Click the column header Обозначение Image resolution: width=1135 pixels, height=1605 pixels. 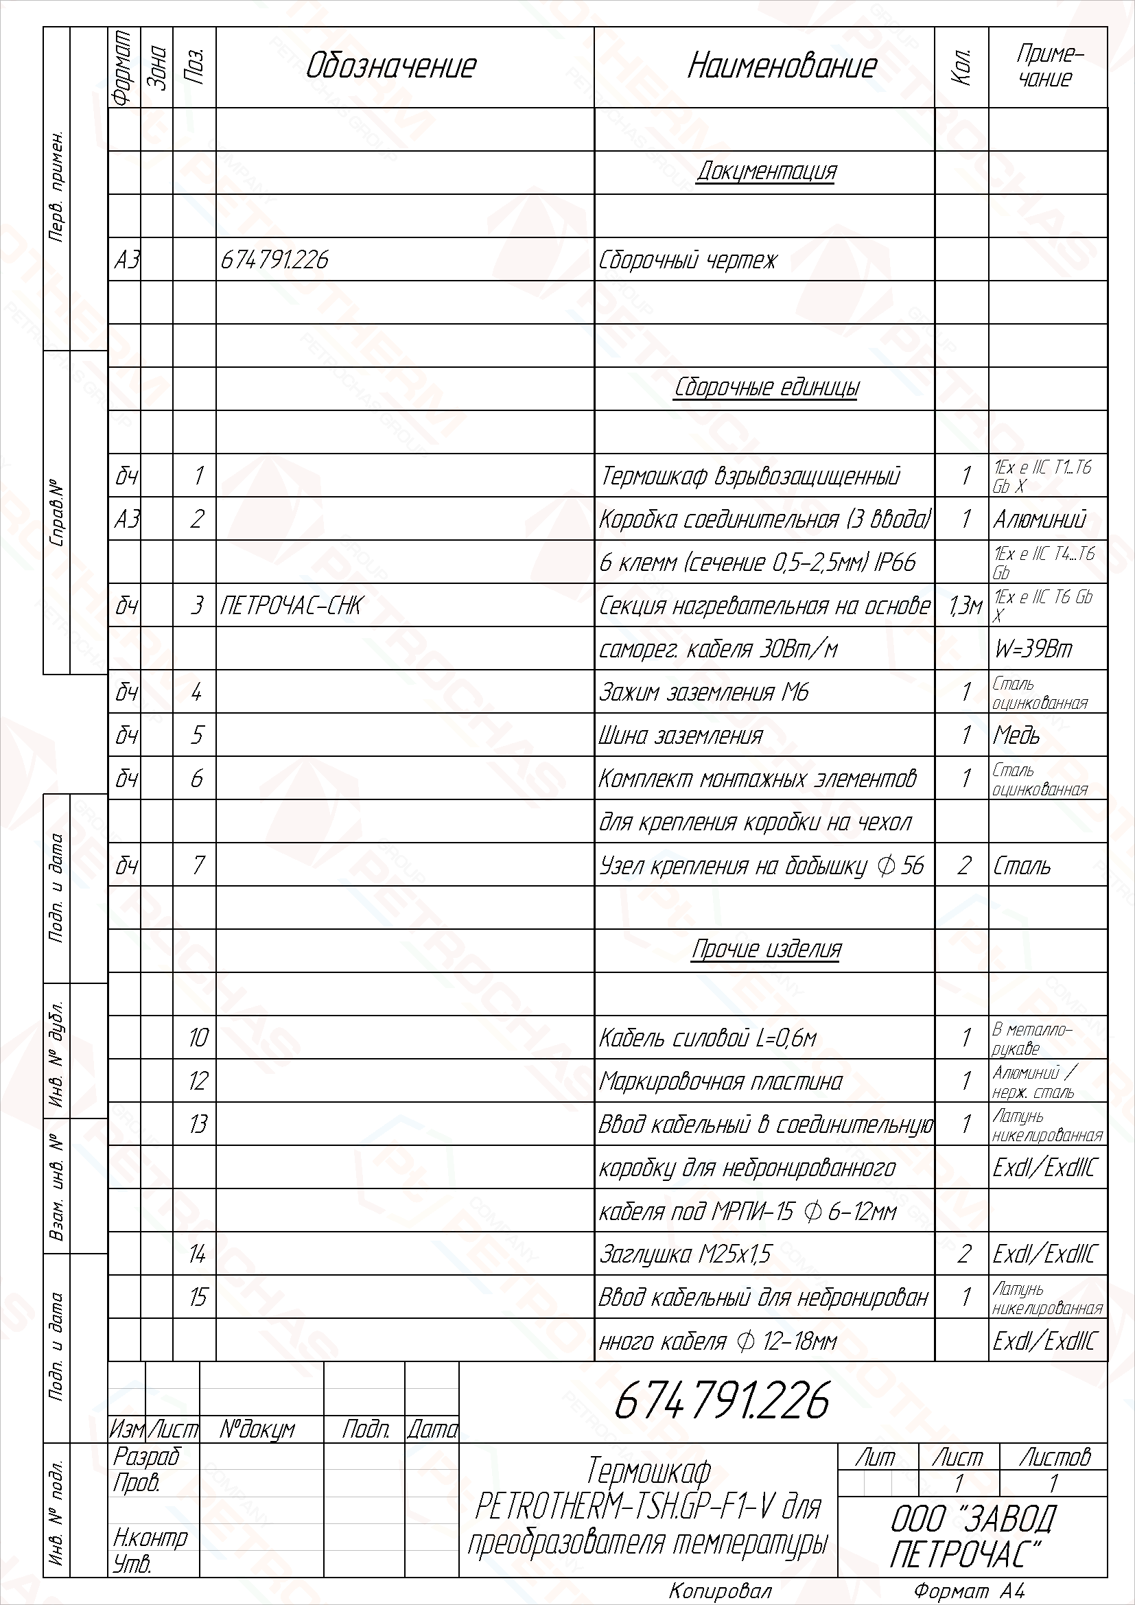click(390, 67)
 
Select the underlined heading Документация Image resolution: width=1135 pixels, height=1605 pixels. click(766, 172)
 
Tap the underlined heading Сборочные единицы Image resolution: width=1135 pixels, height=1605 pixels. click(766, 387)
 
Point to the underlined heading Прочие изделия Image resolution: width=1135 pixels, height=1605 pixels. click(766, 948)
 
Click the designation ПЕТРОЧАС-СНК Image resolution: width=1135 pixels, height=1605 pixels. click(291, 605)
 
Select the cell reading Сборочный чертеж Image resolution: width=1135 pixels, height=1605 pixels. click(687, 260)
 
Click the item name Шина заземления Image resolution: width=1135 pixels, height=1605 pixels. click(681, 736)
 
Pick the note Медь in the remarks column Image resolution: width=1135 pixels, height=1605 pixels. click(1016, 736)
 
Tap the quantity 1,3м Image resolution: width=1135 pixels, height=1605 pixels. click(966, 606)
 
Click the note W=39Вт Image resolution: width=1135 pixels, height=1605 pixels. click(1032, 649)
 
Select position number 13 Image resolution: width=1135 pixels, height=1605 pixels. click(198, 1124)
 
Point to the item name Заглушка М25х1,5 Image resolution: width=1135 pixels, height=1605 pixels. click(685, 1254)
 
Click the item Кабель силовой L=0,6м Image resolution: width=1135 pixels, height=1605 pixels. click(707, 1038)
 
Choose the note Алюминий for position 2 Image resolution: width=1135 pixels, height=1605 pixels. click(1039, 519)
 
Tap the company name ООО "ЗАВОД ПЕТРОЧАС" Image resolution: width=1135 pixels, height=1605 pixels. click(972, 1536)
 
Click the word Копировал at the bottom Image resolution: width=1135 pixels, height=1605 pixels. click(721, 1591)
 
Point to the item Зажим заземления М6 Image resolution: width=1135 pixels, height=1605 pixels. click(703, 692)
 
